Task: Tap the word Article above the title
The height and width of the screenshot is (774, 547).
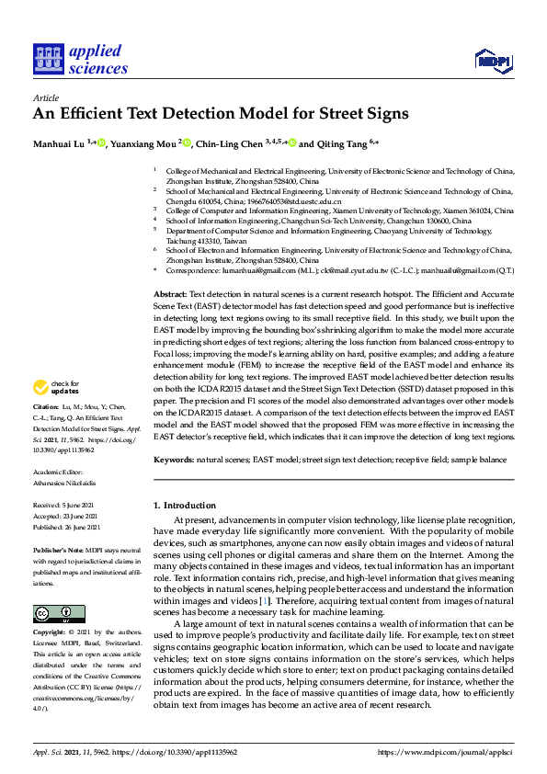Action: pyautogui.click(x=45, y=97)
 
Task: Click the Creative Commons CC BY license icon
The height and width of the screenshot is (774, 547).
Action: pyautogui.click(x=52, y=613)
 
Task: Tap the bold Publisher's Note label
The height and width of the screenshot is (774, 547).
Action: pyautogui.click(x=58, y=549)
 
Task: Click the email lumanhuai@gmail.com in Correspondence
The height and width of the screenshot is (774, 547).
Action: pyautogui.click(x=239, y=271)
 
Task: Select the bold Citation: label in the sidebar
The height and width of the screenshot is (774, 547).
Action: pyautogui.click(x=45, y=431)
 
